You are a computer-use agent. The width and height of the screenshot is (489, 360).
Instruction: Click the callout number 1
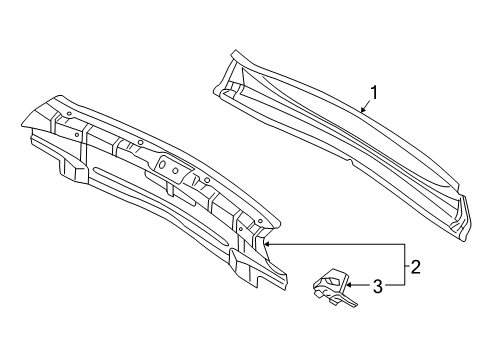[x=375, y=93]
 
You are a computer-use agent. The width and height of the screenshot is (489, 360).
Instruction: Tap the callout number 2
[x=416, y=267]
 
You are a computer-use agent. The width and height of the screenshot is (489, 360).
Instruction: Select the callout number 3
[x=378, y=286]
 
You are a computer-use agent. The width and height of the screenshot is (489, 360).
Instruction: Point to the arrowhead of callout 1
[x=363, y=109]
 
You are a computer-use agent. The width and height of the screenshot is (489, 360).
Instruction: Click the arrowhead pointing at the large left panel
[x=268, y=244]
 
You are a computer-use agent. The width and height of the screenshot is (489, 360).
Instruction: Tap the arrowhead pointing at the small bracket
[x=349, y=285]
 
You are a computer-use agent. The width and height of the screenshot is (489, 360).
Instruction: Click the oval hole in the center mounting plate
[x=163, y=164]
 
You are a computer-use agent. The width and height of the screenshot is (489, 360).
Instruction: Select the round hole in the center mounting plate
[x=175, y=170]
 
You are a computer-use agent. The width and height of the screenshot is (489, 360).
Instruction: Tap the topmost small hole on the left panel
[x=69, y=114]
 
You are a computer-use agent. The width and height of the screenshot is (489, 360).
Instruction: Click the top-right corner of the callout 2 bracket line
[x=405, y=244]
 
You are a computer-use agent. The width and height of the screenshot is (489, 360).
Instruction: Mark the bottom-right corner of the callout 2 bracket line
[x=405, y=285]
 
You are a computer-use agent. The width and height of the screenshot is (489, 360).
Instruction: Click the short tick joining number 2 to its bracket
[x=407, y=266]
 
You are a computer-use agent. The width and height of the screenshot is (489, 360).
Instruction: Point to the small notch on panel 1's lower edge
[x=351, y=162]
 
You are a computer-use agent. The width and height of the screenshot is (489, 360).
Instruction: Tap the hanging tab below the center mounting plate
[x=170, y=189]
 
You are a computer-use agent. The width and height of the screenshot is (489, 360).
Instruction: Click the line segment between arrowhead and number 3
[x=362, y=285]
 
